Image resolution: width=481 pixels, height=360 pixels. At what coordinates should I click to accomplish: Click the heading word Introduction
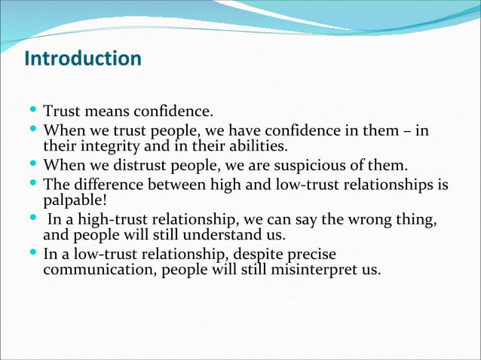pos(83,59)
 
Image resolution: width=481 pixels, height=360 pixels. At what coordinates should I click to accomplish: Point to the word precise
pos(309,254)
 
